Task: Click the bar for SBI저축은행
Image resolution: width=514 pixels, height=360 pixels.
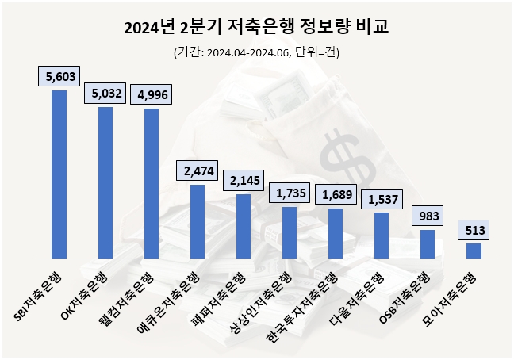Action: point(59,174)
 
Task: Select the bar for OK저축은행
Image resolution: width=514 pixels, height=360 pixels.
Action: point(105,182)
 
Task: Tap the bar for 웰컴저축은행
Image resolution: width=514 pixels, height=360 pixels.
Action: point(151,183)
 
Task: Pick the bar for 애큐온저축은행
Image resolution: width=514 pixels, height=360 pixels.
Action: point(197,221)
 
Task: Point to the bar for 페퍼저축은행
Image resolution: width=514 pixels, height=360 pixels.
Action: point(243,226)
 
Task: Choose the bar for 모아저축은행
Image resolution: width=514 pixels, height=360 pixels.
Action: point(474,251)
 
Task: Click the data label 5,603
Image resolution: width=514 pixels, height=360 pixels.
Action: point(59,77)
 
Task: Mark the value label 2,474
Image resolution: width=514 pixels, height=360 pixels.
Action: point(197,170)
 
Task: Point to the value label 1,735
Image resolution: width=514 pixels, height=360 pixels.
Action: point(289,193)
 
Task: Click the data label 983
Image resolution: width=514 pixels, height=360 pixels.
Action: point(428,216)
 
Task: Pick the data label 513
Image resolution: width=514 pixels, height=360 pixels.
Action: point(474,230)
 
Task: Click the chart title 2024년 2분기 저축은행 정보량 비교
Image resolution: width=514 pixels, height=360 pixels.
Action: point(257,29)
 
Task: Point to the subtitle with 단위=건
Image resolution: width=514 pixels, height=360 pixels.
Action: point(257,52)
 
